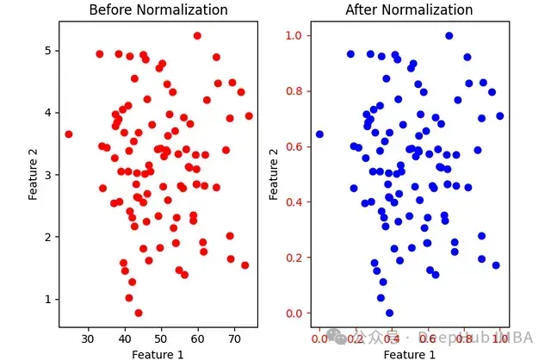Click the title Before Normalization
[158, 10]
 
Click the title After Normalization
[410, 10]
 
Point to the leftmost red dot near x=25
[69, 134]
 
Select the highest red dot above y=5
[197, 35]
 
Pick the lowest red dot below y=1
[139, 313]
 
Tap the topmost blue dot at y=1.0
[449, 35]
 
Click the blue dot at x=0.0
[319, 134]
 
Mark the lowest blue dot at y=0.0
[389, 313]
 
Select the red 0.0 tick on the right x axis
[319, 338]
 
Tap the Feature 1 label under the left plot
[158, 353]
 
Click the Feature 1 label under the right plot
[410, 353]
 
